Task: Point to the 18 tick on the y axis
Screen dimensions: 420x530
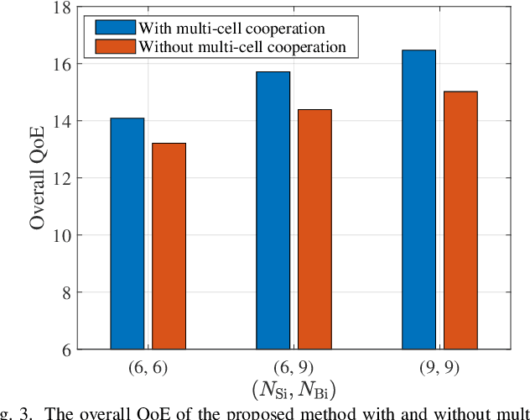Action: (x=62, y=8)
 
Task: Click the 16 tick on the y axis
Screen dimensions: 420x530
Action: (x=62, y=65)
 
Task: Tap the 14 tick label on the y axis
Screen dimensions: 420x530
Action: (x=62, y=122)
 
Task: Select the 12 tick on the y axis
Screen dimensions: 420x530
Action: (x=62, y=179)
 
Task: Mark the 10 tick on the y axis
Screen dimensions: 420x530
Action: (x=62, y=236)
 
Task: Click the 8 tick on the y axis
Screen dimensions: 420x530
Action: (x=66, y=293)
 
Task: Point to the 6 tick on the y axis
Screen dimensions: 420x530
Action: (x=66, y=349)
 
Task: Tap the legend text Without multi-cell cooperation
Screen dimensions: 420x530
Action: (x=243, y=47)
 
